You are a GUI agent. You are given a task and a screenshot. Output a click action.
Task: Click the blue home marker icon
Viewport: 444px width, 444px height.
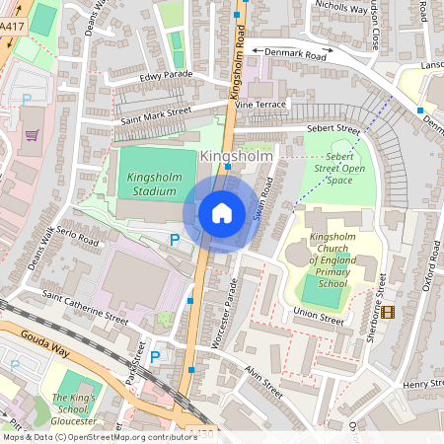coord(222,213)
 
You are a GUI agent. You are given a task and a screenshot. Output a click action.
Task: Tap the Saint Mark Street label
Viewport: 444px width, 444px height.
coord(155,112)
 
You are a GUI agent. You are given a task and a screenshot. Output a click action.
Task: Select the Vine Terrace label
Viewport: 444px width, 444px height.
coord(259,103)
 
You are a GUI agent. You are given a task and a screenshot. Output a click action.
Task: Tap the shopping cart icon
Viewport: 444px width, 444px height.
coord(32,135)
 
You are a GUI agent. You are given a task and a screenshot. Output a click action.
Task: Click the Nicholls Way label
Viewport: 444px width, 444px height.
coord(339,11)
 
